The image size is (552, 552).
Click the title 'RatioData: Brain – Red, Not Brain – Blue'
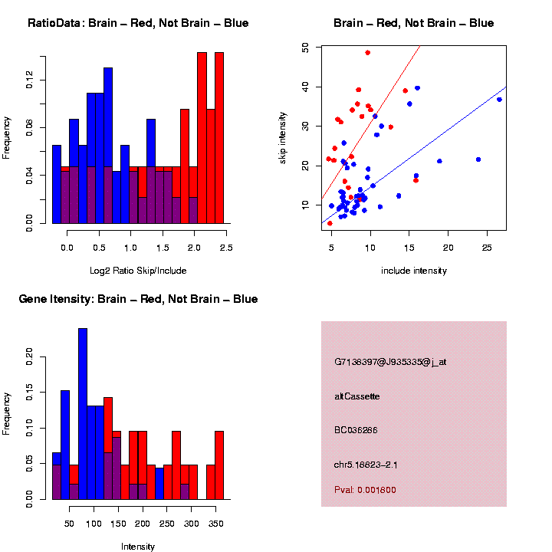click(138, 23)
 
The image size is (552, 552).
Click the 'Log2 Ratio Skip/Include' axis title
click(138, 271)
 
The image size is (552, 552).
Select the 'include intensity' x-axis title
click(414, 271)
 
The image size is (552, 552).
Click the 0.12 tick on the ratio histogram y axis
click(29, 80)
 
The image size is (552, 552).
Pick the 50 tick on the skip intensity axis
click(306, 48)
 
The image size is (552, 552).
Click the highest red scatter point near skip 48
click(368, 53)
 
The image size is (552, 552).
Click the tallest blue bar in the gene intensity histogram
click(83, 414)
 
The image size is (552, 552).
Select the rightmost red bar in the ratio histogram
click(219, 138)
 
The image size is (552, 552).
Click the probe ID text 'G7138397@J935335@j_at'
click(390, 362)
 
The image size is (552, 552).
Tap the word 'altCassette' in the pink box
click(357, 396)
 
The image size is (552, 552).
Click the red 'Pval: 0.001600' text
click(365, 490)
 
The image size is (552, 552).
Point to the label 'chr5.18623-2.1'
click(365, 465)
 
